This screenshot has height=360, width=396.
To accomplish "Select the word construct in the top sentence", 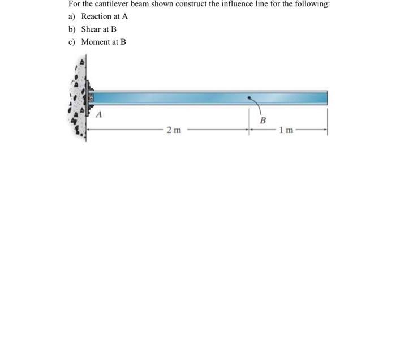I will [194, 4].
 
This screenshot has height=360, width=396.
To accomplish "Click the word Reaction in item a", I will [96, 16].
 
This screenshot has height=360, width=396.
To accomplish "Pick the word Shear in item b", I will [91, 29].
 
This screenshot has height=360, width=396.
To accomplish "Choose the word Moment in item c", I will [94, 42].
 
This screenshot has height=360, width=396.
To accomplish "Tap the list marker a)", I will [72, 16].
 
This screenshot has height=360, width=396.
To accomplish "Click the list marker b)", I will [72, 29].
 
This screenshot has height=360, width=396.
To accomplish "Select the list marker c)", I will [72, 42].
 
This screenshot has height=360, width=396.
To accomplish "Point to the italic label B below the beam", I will [262, 120].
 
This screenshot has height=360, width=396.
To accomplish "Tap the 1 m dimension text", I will [287, 131].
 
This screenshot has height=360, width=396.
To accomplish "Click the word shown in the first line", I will [168, 4].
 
